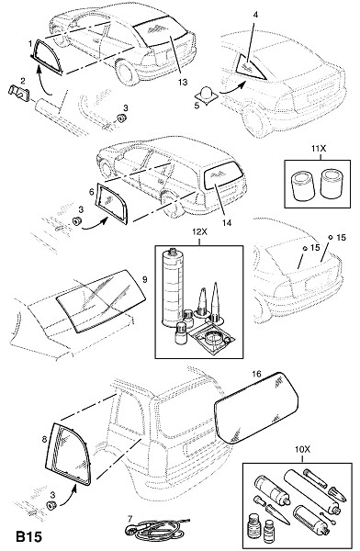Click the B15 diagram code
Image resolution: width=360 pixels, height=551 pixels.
(x=28, y=536)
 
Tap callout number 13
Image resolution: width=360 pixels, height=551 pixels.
(x=183, y=82)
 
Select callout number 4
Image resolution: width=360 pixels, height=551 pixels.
(x=255, y=15)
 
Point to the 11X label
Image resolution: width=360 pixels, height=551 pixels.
(x=319, y=149)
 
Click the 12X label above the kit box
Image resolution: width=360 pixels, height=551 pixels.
(x=199, y=232)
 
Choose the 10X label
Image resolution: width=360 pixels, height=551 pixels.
(x=302, y=449)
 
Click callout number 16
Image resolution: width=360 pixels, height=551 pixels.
(x=256, y=374)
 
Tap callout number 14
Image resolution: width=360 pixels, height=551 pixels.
(x=227, y=222)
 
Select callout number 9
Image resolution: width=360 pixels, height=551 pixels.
(x=145, y=280)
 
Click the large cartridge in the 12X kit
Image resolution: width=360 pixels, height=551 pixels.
(x=173, y=287)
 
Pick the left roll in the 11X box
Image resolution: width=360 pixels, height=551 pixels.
(x=301, y=186)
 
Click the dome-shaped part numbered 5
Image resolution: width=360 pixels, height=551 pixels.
(x=206, y=95)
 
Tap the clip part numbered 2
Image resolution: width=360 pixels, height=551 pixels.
(x=18, y=92)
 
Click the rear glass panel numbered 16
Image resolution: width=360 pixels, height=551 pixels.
(x=256, y=408)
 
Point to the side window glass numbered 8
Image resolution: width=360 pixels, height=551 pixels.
(x=69, y=454)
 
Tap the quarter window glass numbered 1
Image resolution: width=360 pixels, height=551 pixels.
(x=47, y=57)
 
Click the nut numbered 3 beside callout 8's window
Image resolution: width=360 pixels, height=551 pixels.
(x=52, y=506)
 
